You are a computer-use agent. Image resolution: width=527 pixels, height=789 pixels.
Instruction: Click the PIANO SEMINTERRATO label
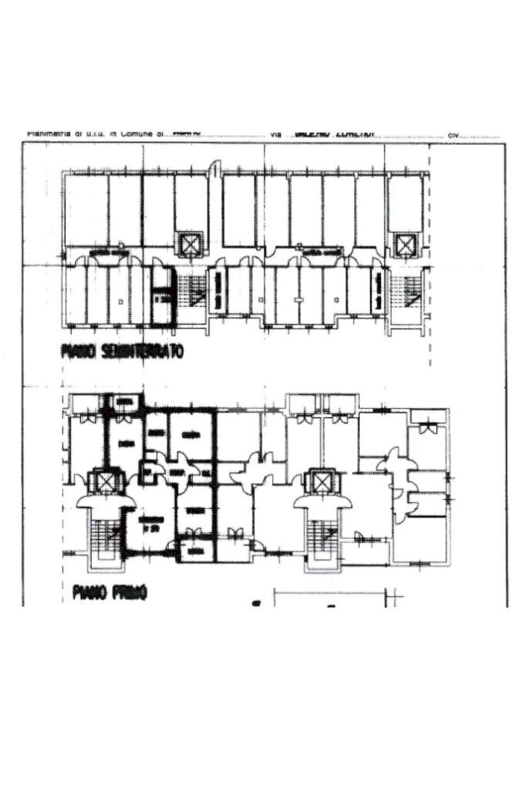(x=121, y=352)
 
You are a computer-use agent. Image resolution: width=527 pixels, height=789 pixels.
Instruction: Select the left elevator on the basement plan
(x=188, y=244)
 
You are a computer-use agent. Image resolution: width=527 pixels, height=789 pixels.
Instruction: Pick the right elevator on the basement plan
(x=404, y=244)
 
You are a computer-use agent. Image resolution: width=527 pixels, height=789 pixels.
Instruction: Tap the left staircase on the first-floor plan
(x=101, y=538)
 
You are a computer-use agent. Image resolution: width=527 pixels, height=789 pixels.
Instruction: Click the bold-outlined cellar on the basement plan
(x=162, y=295)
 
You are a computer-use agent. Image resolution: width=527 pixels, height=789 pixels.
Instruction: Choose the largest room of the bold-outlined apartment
(x=151, y=524)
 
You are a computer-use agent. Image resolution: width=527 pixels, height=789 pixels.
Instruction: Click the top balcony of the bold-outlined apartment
(x=123, y=402)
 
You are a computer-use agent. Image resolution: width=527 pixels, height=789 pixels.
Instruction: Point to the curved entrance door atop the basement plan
(x=217, y=167)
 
